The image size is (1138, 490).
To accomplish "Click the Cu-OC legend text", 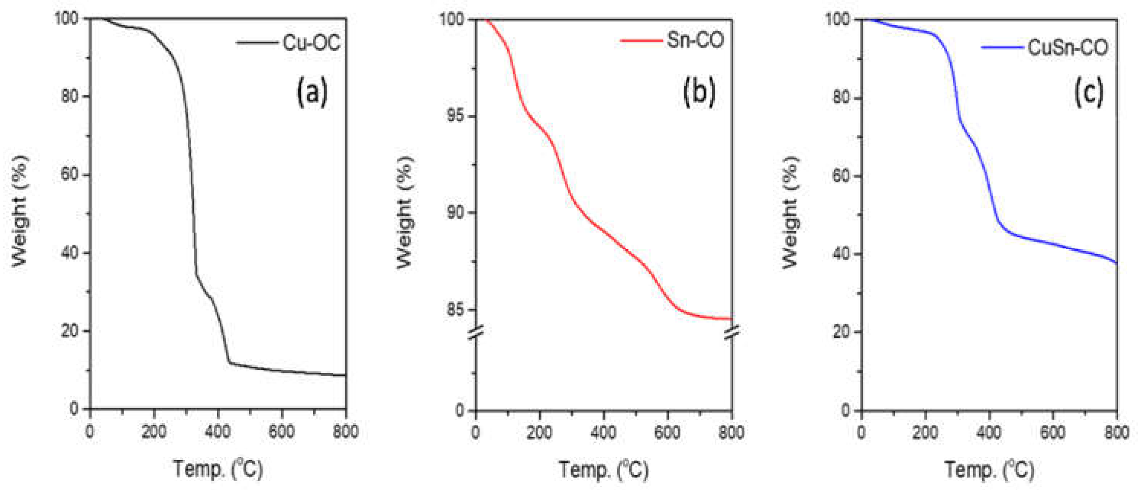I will [311, 43].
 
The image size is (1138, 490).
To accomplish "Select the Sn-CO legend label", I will [695, 40].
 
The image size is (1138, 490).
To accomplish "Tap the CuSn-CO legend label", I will [1068, 47].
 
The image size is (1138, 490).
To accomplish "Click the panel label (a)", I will [312, 92].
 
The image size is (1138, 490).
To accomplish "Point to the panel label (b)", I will [699, 92].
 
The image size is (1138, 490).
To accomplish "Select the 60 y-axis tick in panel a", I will [69, 175].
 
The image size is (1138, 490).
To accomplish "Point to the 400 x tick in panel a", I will [218, 431].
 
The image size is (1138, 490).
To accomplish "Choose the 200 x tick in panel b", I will [539, 432].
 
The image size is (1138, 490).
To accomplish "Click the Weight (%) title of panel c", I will [790, 212].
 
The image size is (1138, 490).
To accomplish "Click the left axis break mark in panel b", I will [476, 332].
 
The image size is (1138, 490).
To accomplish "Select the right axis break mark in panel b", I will [732, 332].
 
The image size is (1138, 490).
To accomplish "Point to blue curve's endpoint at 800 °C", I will [1116, 263].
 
